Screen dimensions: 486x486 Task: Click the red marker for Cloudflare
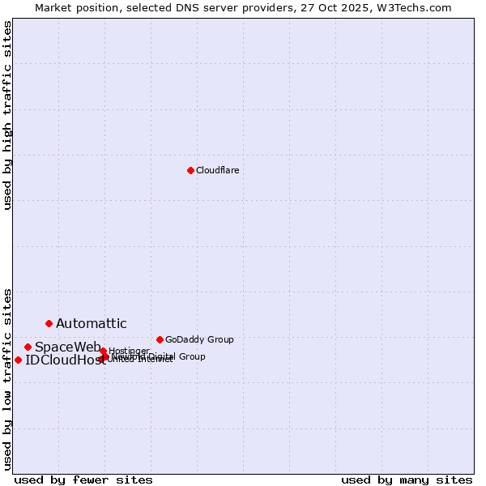click(x=190, y=170)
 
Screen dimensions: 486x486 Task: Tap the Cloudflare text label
click(x=217, y=170)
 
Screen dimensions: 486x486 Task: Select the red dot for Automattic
click(x=49, y=323)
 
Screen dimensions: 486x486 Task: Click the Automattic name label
click(x=91, y=324)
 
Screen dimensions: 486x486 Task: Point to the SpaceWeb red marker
click(x=28, y=347)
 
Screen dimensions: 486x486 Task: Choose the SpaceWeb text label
click(x=67, y=347)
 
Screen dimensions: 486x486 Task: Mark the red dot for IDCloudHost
click(x=18, y=360)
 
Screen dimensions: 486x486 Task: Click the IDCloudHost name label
click(x=64, y=360)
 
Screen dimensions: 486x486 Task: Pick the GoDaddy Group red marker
click(x=160, y=339)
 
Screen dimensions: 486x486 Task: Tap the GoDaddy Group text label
click(x=199, y=339)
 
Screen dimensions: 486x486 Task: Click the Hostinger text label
click(x=129, y=351)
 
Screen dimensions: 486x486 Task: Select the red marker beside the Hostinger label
click(x=103, y=351)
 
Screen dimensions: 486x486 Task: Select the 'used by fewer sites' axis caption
click(x=83, y=480)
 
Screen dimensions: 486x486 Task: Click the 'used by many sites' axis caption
click(x=407, y=480)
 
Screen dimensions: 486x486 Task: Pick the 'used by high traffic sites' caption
click(x=7, y=115)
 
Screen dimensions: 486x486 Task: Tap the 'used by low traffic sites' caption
click(x=7, y=378)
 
